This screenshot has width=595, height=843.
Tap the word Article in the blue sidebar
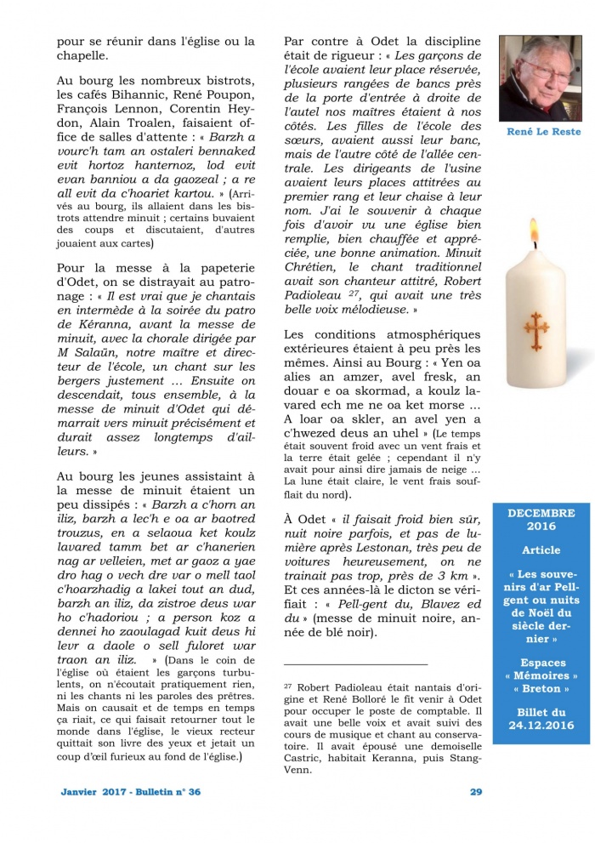[x=541, y=550]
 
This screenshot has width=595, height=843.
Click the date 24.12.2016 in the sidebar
[x=541, y=726]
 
